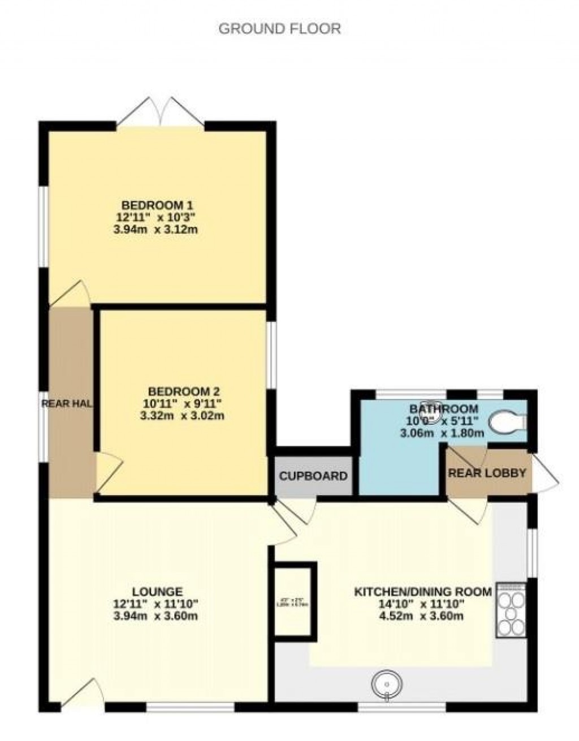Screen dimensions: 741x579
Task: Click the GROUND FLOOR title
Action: point(279,28)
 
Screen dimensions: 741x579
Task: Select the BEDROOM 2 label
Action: point(184,391)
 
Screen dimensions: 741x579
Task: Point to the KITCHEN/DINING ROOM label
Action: point(422,592)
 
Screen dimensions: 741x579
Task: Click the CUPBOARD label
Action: point(313,476)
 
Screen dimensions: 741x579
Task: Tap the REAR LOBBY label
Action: point(487,473)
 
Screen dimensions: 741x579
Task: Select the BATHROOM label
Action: point(443,408)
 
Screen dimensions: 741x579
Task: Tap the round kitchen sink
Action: point(387,685)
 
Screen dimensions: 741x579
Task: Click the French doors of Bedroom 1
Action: point(161,112)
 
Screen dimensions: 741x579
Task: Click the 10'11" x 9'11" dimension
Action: point(183,403)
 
